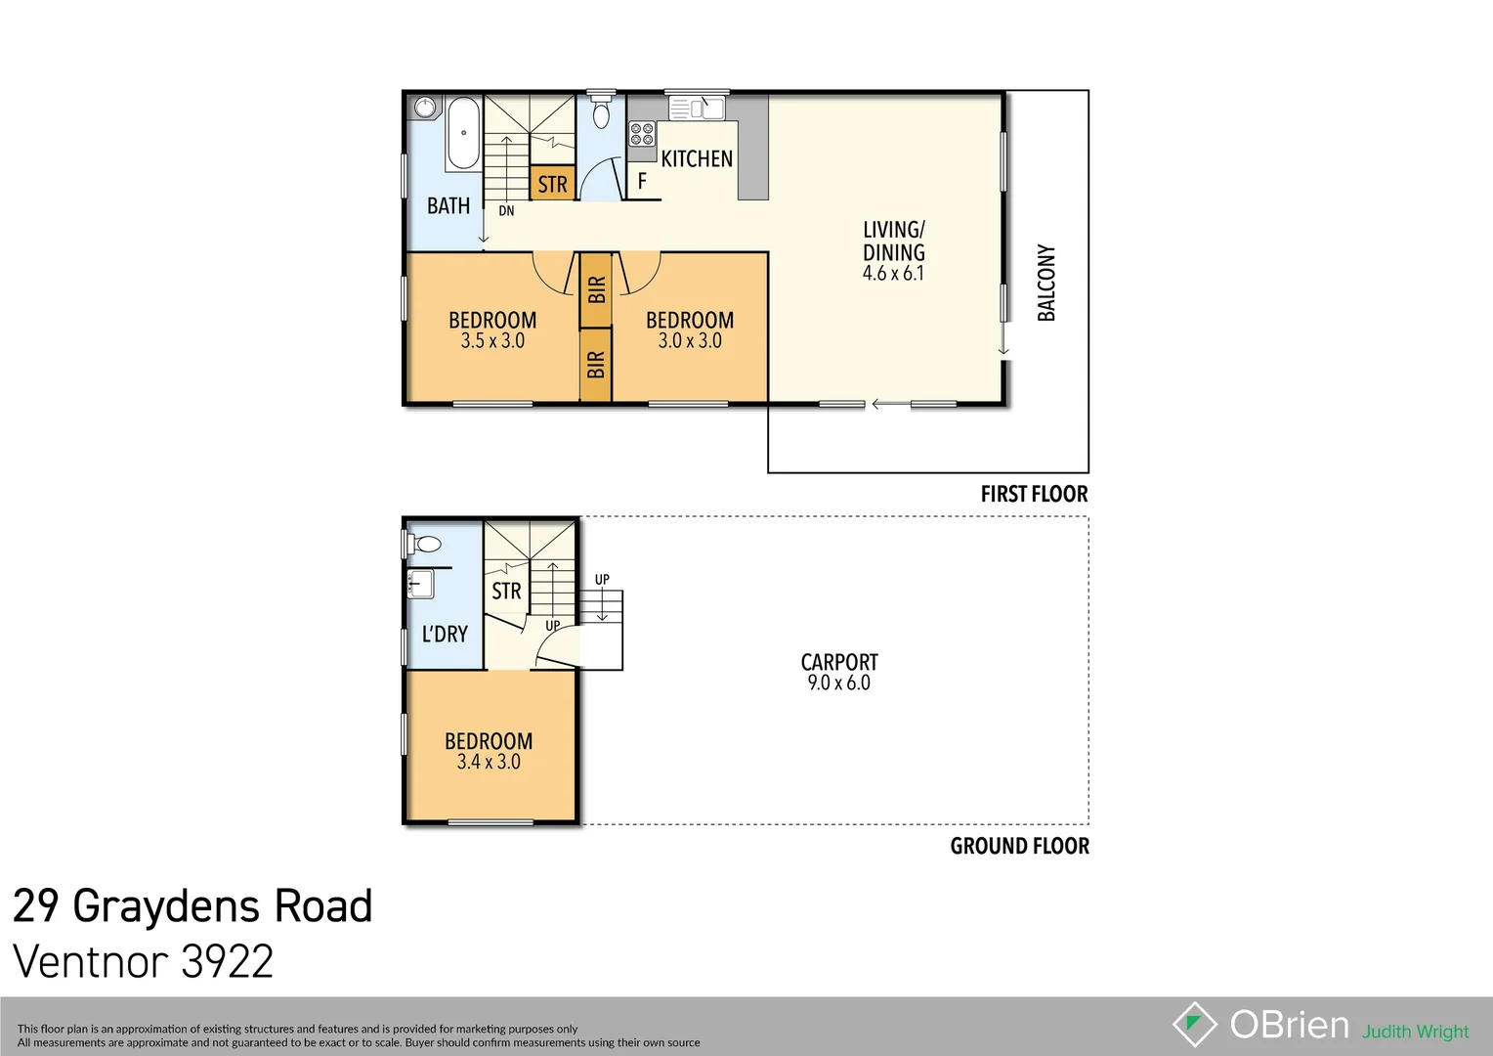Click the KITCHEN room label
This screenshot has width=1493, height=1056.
tap(696, 158)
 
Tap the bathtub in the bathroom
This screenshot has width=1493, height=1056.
tap(463, 133)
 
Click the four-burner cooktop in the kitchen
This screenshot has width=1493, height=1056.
tap(641, 134)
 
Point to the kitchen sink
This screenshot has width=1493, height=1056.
tap(696, 107)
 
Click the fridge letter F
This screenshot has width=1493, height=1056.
tap(642, 181)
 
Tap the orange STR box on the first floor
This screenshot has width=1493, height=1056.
tap(552, 184)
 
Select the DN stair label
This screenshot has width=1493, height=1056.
tap(506, 210)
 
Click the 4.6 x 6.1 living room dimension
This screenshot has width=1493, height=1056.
tap(892, 274)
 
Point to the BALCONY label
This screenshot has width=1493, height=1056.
tap(1046, 283)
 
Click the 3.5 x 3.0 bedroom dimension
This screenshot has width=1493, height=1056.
tap(492, 341)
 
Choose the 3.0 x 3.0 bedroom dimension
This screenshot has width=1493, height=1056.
tap(689, 341)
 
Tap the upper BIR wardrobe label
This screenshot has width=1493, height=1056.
tap(596, 290)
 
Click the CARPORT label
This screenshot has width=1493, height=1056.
tap(838, 662)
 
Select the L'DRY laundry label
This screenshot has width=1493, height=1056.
tap(445, 634)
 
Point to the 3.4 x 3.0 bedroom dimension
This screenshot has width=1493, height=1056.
tap(489, 763)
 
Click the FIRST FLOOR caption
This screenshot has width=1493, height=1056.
tap(1034, 494)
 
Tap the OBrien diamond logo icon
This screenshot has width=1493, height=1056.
tap(1194, 1025)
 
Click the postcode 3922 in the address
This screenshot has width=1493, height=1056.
tap(227, 961)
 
